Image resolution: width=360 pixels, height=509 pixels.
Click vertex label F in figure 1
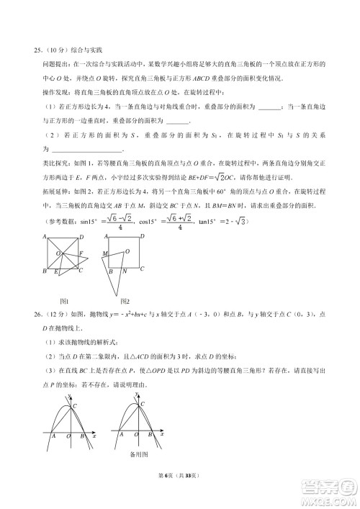point(83,253)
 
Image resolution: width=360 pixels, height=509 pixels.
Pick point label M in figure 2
point(105,253)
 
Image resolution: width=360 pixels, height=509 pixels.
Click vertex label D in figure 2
point(142,237)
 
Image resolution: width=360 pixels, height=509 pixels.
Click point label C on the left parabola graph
point(73,407)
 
